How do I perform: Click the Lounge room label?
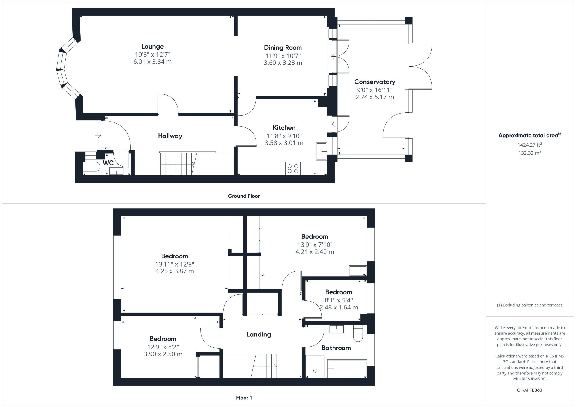[x=153, y=46]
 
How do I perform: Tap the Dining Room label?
[x=283, y=48]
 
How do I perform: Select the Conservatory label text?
[x=375, y=82]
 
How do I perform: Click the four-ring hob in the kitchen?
[x=293, y=168]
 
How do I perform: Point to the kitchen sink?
[x=321, y=151]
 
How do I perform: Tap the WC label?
[x=108, y=163]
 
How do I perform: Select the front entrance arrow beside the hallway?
[x=98, y=135]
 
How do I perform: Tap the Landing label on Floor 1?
[x=259, y=334]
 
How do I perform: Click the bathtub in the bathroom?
[x=347, y=368]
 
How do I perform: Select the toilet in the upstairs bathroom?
[x=358, y=333]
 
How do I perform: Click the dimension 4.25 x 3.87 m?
[x=175, y=271]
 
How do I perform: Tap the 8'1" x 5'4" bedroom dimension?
[x=339, y=300]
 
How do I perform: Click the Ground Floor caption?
[x=244, y=196]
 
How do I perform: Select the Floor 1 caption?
[x=244, y=398]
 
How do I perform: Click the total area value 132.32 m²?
[x=530, y=153]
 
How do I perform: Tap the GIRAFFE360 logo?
[x=530, y=390]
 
